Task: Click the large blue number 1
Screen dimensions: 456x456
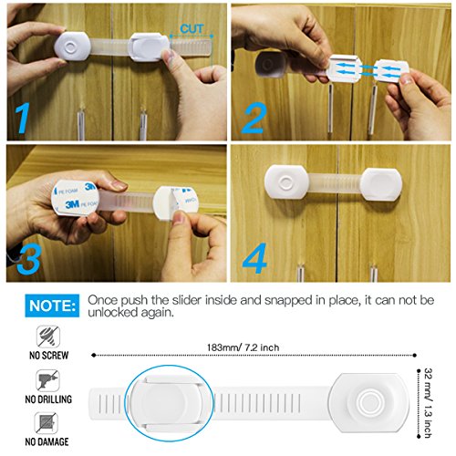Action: [x=23, y=118]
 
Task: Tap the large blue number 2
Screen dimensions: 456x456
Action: [x=254, y=118]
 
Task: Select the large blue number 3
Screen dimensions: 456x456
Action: [x=29, y=258]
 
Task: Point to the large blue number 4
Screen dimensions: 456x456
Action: [x=254, y=258]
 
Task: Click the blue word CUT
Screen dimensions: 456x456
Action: [x=192, y=29]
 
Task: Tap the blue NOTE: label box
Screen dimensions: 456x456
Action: [x=52, y=306]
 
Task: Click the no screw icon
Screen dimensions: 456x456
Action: [x=48, y=337]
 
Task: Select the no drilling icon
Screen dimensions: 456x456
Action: [x=47, y=380]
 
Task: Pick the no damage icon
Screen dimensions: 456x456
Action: [x=47, y=423]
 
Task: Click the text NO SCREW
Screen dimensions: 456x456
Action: [x=49, y=355]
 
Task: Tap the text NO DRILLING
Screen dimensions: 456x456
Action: [x=48, y=399]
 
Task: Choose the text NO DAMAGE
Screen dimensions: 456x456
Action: [x=47, y=441]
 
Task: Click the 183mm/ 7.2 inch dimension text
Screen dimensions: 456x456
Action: [x=243, y=347]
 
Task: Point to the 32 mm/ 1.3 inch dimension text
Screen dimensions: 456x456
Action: [x=428, y=403]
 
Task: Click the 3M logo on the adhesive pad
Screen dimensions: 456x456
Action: [x=72, y=204]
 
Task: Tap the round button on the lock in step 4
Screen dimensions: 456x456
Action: [x=286, y=182]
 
